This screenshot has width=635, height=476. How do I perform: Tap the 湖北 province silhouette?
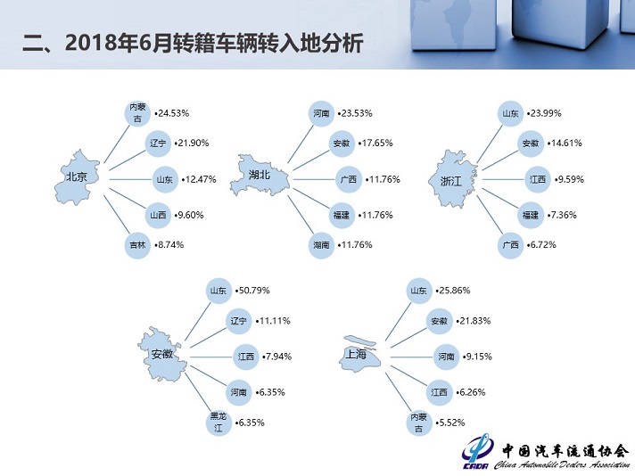pyautogui.click(x=260, y=177)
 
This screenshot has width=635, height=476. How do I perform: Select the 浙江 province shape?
pyautogui.click(x=454, y=178)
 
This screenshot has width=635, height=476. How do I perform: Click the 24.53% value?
pyautogui.click(x=173, y=114)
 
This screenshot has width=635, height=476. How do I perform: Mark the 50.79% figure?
pyautogui.click(x=253, y=291)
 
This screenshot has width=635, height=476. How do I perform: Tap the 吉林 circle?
pyautogui.click(x=136, y=244)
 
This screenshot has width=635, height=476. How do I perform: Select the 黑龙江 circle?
pyautogui.click(x=217, y=422)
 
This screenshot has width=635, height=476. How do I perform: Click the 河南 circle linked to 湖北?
pyautogui.click(x=321, y=114)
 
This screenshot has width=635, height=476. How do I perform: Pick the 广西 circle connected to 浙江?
pyautogui.click(x=510, y=245)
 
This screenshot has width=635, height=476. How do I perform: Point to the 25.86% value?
pyautogui.click(x=452, y=291)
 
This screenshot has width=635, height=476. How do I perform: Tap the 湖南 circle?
pyautogui.click(x=321, y=244)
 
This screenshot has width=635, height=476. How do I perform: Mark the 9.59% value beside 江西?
pyautogui.click(x=570, y=179)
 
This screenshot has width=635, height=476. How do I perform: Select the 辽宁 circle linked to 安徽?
pyautogui.click(x=237, y=321)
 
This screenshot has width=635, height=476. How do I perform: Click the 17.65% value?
pyautogui.click(x=375, y=143)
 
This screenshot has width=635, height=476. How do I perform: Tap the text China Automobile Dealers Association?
pyautogui.click(x=560, y=465)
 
